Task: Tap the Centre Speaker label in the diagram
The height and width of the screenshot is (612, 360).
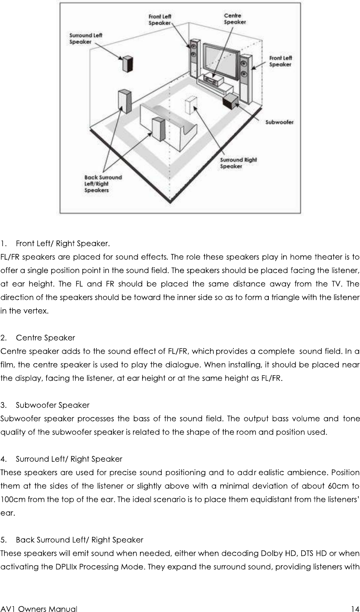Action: point(235,19)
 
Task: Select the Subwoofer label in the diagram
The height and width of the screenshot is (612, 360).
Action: point(280,122)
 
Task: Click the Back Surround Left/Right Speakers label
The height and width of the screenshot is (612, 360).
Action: point(103,184)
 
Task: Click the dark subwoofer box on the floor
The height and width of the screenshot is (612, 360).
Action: point(230,101)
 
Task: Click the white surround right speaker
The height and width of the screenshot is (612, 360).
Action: point(191,105)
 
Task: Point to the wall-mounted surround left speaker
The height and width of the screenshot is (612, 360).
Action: point(127,64)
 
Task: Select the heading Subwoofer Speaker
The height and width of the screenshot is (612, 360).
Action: point(52,405)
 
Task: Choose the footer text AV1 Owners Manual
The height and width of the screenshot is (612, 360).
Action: point(39,609)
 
